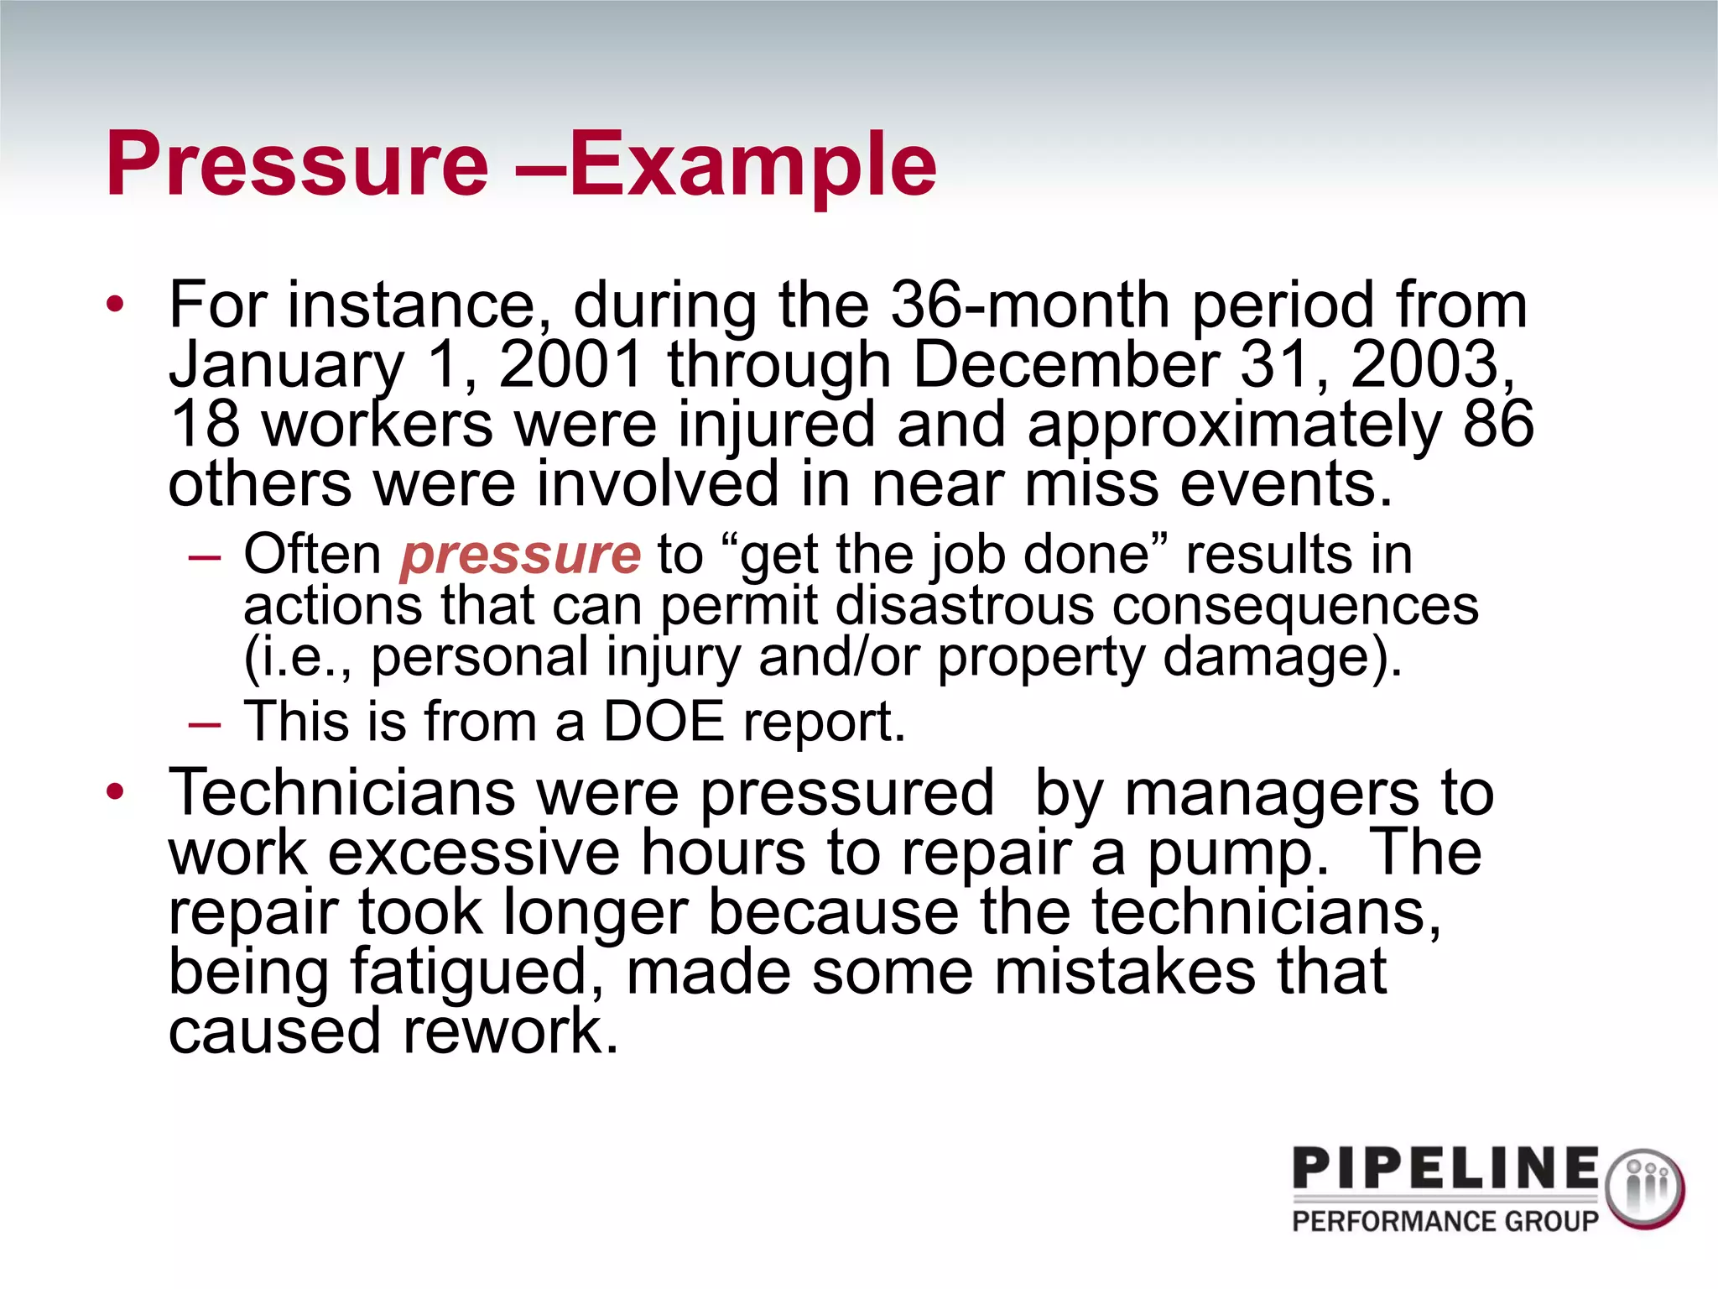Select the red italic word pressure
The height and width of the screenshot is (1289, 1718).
[x=521, y=555]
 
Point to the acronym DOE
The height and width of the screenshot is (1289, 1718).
[x=664, y=722]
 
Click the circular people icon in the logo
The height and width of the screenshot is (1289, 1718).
[x=1644, y=1188]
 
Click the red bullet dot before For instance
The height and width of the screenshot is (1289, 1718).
[x=116, y=304]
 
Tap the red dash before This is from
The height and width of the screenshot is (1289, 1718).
[x=205, y=723]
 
